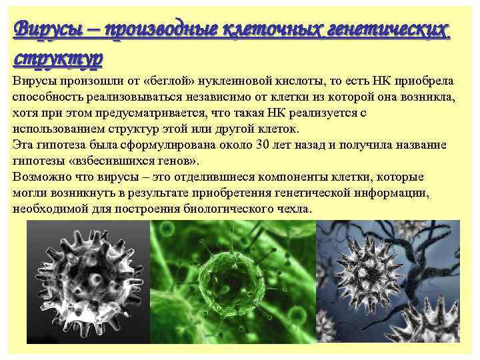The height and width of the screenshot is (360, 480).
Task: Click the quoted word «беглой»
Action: [166, 81]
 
